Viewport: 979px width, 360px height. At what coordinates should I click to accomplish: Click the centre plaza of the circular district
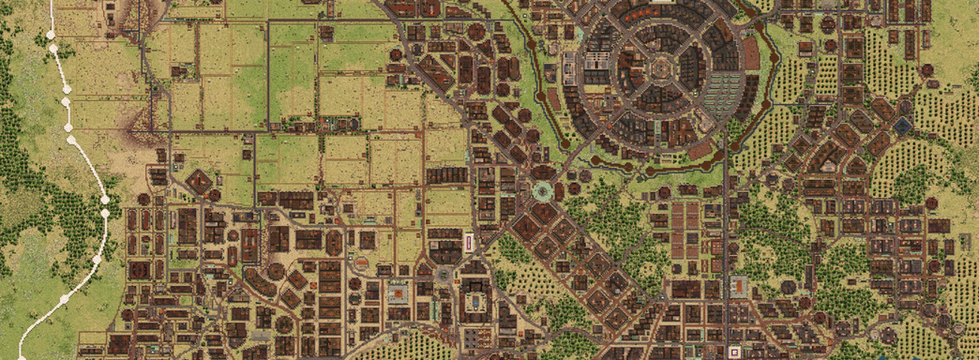coord(661,67)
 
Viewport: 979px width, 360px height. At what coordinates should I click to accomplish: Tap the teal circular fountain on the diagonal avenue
coord(542,192)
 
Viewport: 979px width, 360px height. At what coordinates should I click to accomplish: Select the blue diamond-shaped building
coord(902,125)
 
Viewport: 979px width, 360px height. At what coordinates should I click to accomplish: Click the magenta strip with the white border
coord(469,243)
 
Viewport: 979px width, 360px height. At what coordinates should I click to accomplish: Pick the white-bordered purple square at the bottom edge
coord(732,352)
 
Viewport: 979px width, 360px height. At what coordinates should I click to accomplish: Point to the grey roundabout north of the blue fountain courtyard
coord(443,273)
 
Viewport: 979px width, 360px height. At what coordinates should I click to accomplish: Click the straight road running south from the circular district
coord(726,234)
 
